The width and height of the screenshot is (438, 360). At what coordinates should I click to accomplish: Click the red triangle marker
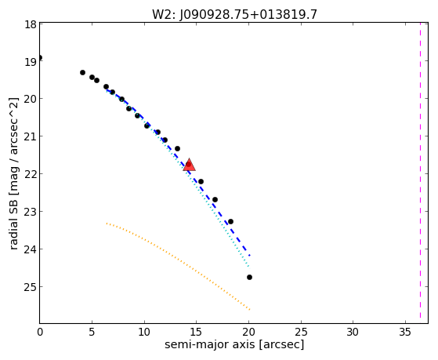pos(189,165)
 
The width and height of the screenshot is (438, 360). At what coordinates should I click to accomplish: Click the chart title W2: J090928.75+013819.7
pos(234,14)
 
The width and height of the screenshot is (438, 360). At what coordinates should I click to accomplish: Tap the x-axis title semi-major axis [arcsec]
pos(234,344)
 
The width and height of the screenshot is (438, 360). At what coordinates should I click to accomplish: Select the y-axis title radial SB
pos(13,226)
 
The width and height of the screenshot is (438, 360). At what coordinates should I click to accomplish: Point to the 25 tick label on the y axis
pos(31,287)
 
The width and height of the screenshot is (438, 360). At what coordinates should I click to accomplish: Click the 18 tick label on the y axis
pos(31,24)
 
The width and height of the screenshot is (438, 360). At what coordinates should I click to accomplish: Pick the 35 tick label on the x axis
pos(405,333)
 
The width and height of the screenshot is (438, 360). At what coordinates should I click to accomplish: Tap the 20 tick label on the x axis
pos(248,333)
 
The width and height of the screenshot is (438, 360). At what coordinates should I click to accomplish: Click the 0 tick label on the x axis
pos(40,333)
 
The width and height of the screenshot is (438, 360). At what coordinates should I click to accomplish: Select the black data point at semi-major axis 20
pos(249,277)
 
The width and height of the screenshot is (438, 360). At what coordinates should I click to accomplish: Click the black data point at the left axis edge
pos(40,57)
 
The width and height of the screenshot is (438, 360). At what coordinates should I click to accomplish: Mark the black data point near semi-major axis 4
pos(82,72)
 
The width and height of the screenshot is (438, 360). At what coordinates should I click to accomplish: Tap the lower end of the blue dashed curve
pos(250,256)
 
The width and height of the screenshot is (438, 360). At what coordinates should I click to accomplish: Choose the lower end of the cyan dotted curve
pos(248,267)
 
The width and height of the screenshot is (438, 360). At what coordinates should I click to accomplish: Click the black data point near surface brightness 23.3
pos(230,221)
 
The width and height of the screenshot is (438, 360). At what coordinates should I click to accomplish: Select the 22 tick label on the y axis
pos(31,173)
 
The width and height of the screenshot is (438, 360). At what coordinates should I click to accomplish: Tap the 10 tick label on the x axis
pos(144,333)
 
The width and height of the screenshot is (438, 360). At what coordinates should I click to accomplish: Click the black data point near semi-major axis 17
pos(215,199)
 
